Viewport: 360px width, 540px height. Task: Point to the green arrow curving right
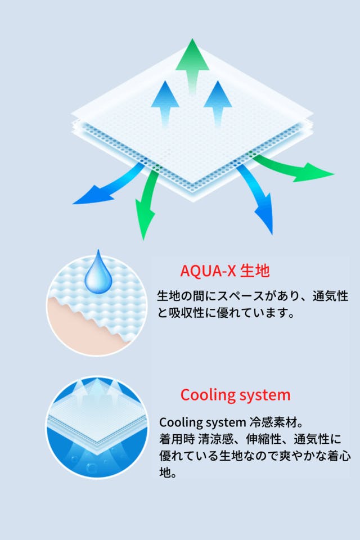point(293,169)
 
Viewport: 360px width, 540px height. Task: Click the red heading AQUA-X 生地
point(224,271)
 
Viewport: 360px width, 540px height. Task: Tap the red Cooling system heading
point(235,395)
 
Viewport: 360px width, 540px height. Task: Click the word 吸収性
point(186,313)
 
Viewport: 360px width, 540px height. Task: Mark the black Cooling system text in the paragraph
point(202,422)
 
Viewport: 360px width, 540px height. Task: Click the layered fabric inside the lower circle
point(97,424)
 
